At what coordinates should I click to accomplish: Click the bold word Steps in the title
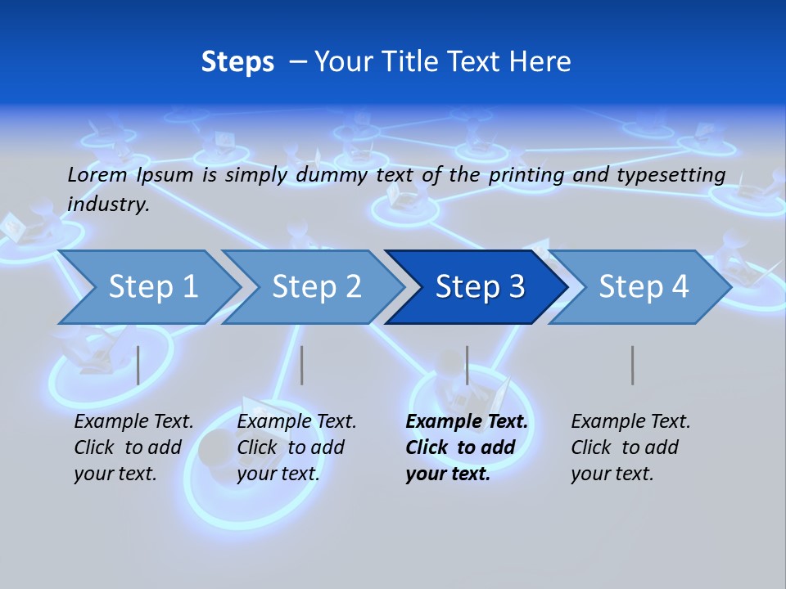pyautogui.click(x=237, y=62)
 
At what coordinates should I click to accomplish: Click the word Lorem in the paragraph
pyautogui.click(x=97, y=174)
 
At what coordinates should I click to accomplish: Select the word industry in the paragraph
pyautogui.click(x=108, y=205)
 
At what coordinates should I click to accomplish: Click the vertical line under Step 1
pyautogui.click(x=138, y=365)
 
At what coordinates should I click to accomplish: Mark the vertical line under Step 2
pyautogui.click(x=302, y=365)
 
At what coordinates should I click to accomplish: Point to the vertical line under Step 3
pyautogui.click(x=467, y=365)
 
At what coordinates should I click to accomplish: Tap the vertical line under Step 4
pyautogui.click(x=632, y=365)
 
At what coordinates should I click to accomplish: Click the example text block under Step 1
pyautogui.click(x=133, y=447)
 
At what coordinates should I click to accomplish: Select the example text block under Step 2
pyautogui.click(x=296, y=447)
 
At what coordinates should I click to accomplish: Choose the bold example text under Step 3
pyautogui.click(x=467, y=447)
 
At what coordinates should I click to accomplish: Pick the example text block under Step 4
pyautogui.click(x=630, y=447)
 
